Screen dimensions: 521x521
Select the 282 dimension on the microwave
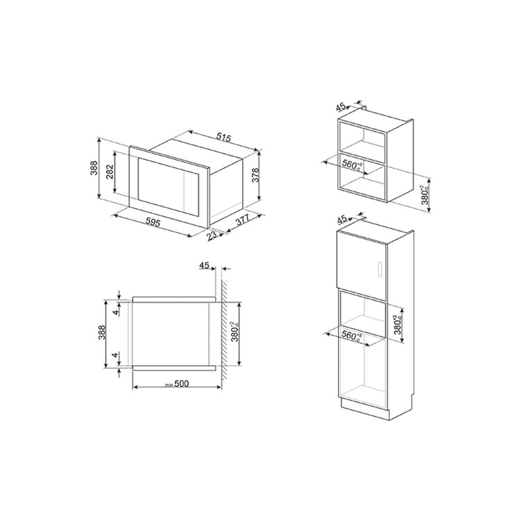(110, 172)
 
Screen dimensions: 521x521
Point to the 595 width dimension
(153, 222)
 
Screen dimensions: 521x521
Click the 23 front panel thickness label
(211, 235)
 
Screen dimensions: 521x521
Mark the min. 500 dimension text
(177, 383)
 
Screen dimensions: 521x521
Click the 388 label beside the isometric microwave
(94, 168)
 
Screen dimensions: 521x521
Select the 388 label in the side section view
(101, 332)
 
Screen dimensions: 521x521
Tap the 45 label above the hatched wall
(204, 266)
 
